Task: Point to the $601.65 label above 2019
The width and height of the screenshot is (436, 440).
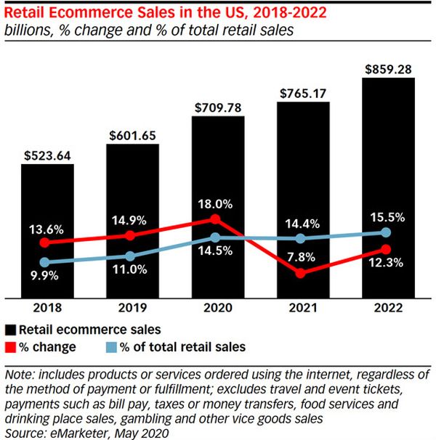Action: (132, 135)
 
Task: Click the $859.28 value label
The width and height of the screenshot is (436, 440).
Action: (387, 68)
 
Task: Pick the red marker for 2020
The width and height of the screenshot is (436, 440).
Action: (215, 219)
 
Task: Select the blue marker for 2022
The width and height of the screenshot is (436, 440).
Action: (387, 232)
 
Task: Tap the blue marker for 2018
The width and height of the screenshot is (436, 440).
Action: (45, 261)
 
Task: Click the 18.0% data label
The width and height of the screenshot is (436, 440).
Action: (217, 204)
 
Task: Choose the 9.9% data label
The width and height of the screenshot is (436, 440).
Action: (45, 276)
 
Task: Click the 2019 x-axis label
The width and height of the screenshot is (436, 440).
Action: (132, 308)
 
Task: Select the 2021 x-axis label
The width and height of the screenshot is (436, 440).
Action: (302, 308)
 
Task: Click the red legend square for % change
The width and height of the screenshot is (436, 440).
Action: (10, 346)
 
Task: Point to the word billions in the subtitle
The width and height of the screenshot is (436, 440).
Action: (28, 30)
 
